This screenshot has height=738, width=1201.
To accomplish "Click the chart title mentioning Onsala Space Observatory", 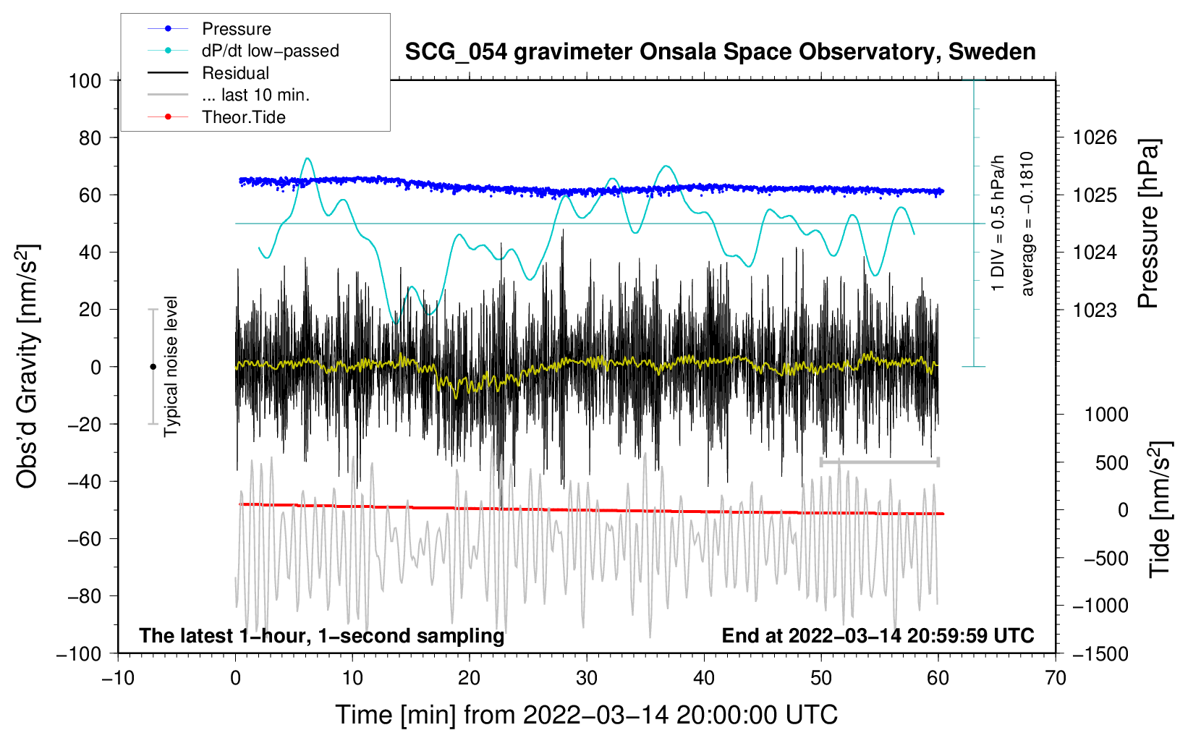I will click(x=720, y=52).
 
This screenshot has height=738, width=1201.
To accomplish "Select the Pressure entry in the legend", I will click(x=237, y=29).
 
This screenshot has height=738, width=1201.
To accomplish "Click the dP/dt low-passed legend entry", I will click(x=270, y=51).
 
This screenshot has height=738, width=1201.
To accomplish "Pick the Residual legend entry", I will click(x=235, y=73).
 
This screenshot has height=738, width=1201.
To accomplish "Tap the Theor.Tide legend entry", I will click(x=243, y=117).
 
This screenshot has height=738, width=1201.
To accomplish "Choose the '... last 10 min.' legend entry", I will click(x=255, y=95).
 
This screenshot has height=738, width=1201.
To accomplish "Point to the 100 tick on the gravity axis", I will click(x=85, y=80).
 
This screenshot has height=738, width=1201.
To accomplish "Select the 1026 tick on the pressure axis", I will click(x=1095, y=137).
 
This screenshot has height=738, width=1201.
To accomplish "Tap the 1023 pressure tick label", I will click(x=1095, y=310).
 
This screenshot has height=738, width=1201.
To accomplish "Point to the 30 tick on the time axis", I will click(x=587, y=678).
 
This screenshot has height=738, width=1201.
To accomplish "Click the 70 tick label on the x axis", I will click(x=1056, y=678).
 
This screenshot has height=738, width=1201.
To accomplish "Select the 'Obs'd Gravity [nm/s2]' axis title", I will click(x=27, y=367).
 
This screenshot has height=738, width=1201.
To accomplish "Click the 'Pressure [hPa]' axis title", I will click(x=1149, y=224).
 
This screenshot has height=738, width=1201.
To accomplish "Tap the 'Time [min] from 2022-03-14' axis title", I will click(x=587, y=715).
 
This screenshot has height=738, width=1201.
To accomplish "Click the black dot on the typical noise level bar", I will click(x=153, y=367).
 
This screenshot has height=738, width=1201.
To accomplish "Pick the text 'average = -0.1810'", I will click(x=1027, y=224).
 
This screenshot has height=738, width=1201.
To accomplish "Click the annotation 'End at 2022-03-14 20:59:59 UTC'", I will click(x=878, y=635).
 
